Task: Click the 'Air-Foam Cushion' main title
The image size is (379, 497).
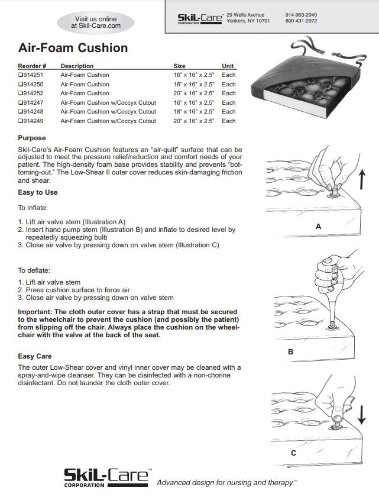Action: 73,47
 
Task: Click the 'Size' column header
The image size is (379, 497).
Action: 179,66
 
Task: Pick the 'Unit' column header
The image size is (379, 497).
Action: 228,66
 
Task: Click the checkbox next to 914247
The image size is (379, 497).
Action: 21,103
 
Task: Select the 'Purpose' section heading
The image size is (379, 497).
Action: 33,138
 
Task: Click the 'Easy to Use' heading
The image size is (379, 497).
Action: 38,192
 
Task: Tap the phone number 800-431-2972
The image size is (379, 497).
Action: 301,21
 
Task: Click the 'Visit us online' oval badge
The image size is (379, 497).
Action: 96,22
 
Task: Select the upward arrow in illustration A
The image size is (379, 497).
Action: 362,177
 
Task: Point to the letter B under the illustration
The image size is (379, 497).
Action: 290,351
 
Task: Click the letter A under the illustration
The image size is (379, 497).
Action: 319,226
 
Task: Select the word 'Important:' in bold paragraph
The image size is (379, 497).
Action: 36,311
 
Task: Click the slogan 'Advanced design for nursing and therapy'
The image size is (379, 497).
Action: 226,483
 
